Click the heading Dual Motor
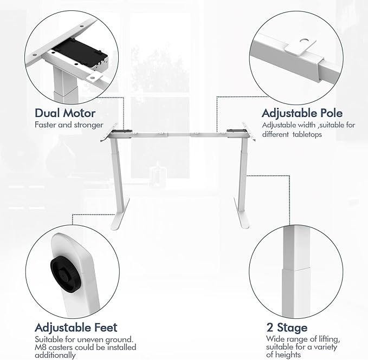click(x=65, y=113)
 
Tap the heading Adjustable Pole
click(x=302, y=113)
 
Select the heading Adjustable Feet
click(x=76, y=328)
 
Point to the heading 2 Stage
click(x=287, y=328)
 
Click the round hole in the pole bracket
click(x=305, y=41)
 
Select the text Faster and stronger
click(x=69, y=125)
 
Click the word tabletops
click(x=307, y=135)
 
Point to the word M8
click(x=40, y=348)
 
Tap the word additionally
click(x=55, y=355)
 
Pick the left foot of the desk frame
click(x=120, y=214)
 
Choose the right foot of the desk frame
click(x=241, y=213)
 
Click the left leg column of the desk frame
click(x=117, y=174)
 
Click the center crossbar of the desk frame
click(x=179, y=135)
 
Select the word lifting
click(x=329, y=339)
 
